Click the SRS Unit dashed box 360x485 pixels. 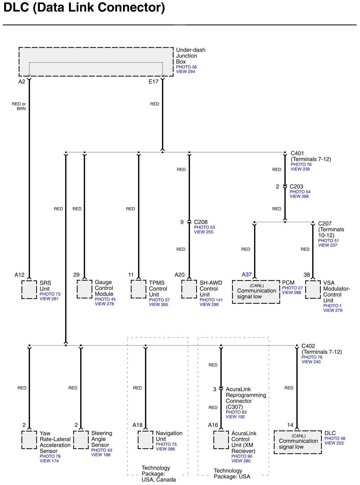pyautogui.click(x=29, y=290)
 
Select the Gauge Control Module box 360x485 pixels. pyautogui.click(x=84, y=289)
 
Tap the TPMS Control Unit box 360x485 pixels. pyautogui.click(x=139, y=289)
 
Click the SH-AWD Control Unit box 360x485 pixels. pyautogui.click(x=189, y=289)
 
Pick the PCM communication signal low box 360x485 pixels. pyautogui.click(x=256, y=292)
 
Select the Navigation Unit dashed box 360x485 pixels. pyautogui.click(x=146, y=440)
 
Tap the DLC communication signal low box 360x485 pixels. pyautogui.click(x=298, y=442)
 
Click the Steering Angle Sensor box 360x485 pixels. pyautogui.click(x=81, y=440)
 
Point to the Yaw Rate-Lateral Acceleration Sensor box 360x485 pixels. pyautogui.click(x=29, y=440)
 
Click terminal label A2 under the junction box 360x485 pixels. pyautogui.click(x=22, y=82)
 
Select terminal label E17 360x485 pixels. pyautogui.click(x=153, y=82)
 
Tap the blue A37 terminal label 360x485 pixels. pyautogui.click(x=246, y=275)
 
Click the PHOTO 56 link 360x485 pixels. pyautogui.click(x=186, y=67)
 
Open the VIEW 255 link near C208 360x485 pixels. pyautogui.click(x=203, y=232)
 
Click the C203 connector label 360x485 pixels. pyautogui.click(x=296, y=187)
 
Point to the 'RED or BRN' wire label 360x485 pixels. pyautogui.click(x=19, y=106)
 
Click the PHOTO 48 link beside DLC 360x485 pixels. pyautogui.click(x=335, y=439)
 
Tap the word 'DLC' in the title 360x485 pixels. pyautogui.click(x=16, y=8)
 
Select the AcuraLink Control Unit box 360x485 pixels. pyautogui.click(x=221, y=440)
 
